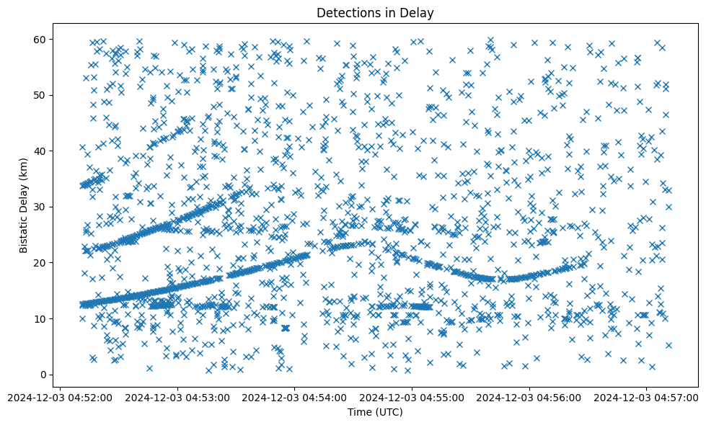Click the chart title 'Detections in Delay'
375,12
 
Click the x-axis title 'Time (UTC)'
375,412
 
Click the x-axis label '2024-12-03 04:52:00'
60,396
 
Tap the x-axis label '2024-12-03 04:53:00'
177,396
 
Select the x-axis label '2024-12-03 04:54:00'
295,396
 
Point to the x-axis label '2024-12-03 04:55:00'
412,396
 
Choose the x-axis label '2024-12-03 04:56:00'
530,396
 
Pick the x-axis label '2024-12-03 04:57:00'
647,396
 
